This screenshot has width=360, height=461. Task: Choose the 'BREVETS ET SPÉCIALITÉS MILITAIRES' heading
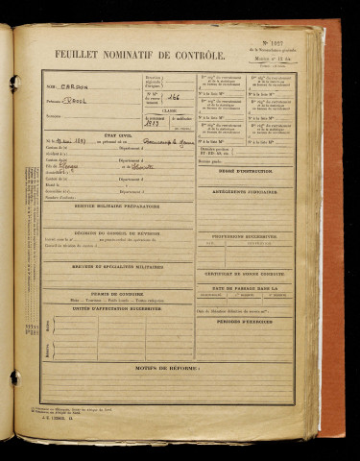point(117,266)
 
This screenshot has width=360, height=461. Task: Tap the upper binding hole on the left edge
point(13,84)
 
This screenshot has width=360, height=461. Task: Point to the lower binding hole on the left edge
point(13,376)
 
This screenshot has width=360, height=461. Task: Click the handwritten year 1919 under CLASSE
point(151,124)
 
